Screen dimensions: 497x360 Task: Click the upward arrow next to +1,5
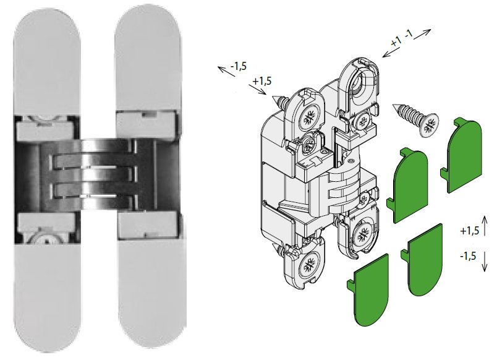tap(484, 225)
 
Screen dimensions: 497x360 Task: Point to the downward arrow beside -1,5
tap(484, 261)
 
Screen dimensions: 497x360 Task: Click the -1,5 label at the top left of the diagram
tap(239, 66)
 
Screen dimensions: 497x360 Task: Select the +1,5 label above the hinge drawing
tap(262, 81)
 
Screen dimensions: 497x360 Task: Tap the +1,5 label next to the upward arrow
tap(469, 231)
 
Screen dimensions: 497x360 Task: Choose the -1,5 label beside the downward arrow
tap(468, 255)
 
